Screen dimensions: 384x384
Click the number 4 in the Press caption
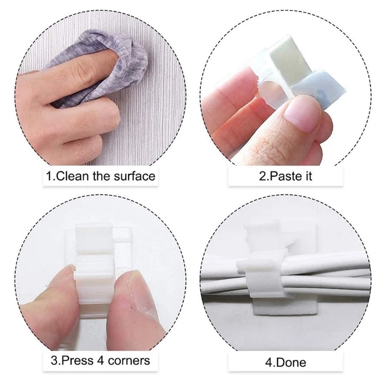point(104,360)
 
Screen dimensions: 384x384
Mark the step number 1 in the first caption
point(49,176)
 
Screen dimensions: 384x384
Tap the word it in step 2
point(307,176)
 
